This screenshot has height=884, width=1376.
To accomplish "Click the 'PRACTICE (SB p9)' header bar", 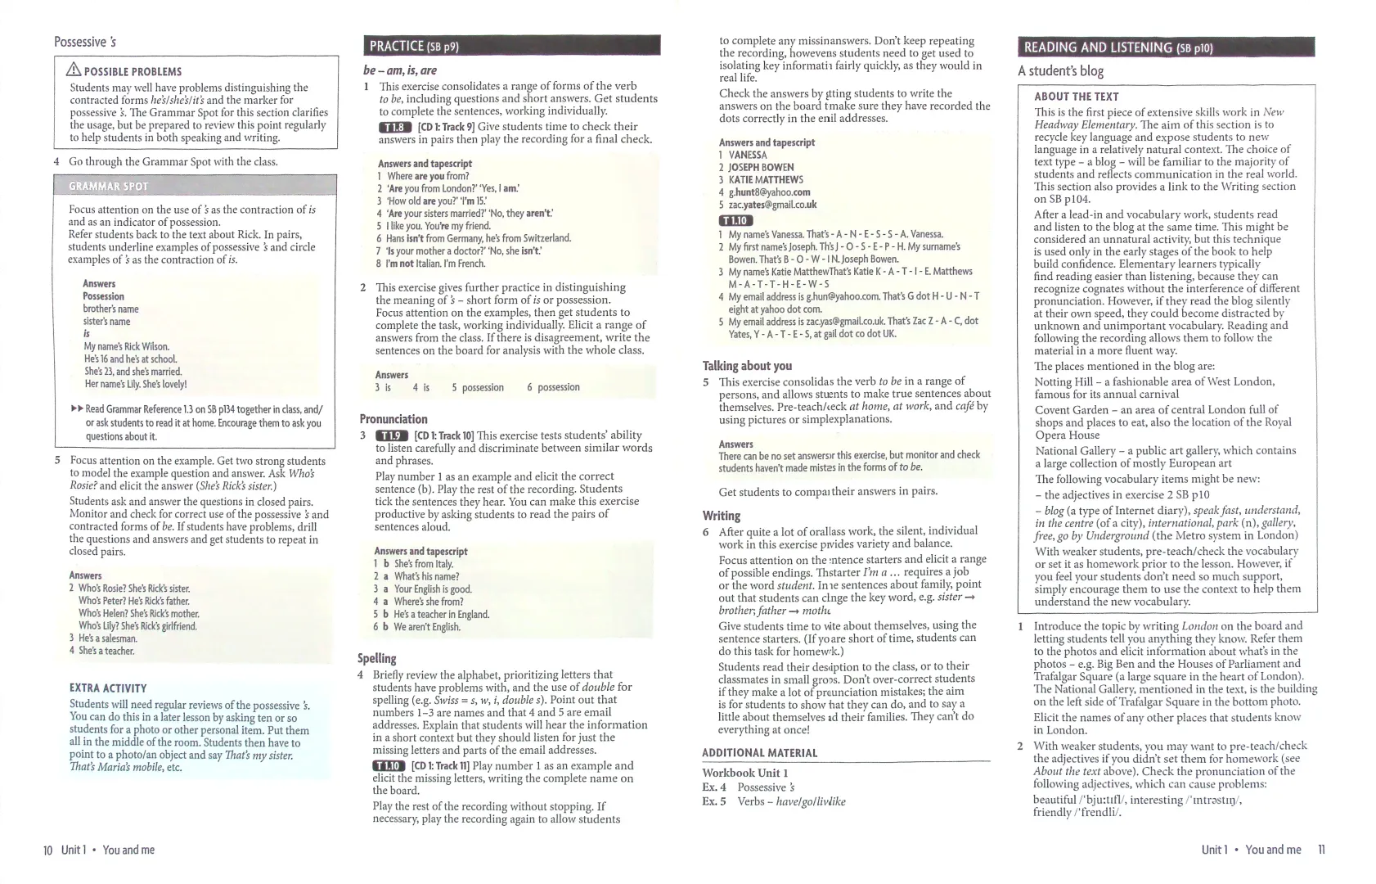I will coord(510,46).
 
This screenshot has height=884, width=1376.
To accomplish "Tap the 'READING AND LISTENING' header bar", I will coord(1165,47).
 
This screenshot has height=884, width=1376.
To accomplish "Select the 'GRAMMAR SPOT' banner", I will coord(195,186).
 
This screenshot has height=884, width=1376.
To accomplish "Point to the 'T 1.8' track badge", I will coord(393,127).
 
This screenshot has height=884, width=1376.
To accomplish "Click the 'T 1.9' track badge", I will coord(391,435).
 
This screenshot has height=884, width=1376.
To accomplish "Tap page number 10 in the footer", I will coord(47,850).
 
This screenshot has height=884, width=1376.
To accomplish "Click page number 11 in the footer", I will coord(1321,850).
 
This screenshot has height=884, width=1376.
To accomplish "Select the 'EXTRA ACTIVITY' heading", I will coord(108,688).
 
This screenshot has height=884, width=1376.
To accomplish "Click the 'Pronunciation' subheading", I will coord(393,419).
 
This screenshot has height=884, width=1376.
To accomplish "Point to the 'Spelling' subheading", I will coord(376,658).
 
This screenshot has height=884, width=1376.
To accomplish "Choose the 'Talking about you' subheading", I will coord(747,366).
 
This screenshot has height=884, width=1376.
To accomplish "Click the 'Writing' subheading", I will coord(722,516).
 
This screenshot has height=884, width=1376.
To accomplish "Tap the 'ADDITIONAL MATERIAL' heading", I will coord(759,753).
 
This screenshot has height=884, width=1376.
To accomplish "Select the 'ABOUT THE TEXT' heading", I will coord(1076,97).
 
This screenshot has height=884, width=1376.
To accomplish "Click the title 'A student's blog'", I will coord(1060,71).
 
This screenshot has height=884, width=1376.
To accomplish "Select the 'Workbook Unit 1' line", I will coord(744,773).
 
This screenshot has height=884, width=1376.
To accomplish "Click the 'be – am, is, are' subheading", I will coord(399,70).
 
